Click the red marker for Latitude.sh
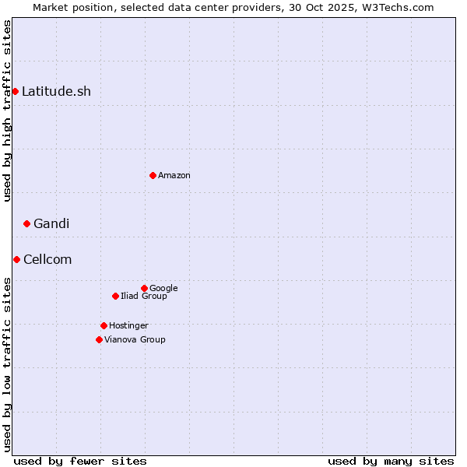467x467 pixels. point(15,92)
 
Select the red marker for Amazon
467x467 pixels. point(153,175)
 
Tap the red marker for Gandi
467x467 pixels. point(26,224)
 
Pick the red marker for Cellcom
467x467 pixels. point(16,259)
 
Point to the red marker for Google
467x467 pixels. point(144,288)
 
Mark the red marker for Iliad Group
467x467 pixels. point(115,296)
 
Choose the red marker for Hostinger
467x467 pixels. point(104,325)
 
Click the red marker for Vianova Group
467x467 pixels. point(99,339)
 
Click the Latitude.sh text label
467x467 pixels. point(56,92)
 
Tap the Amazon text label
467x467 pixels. point(174,176)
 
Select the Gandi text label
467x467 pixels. point(51,224)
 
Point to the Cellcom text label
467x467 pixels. point(47,260)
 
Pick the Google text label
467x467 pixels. point(163,289)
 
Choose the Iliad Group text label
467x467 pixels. point(144,297)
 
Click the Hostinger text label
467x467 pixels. point(128,326)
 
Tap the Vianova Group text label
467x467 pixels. point(135,340)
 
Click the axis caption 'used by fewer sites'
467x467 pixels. point(80,461)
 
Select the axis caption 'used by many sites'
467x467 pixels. point(391,461)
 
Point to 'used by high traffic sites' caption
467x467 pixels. point(7,111)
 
